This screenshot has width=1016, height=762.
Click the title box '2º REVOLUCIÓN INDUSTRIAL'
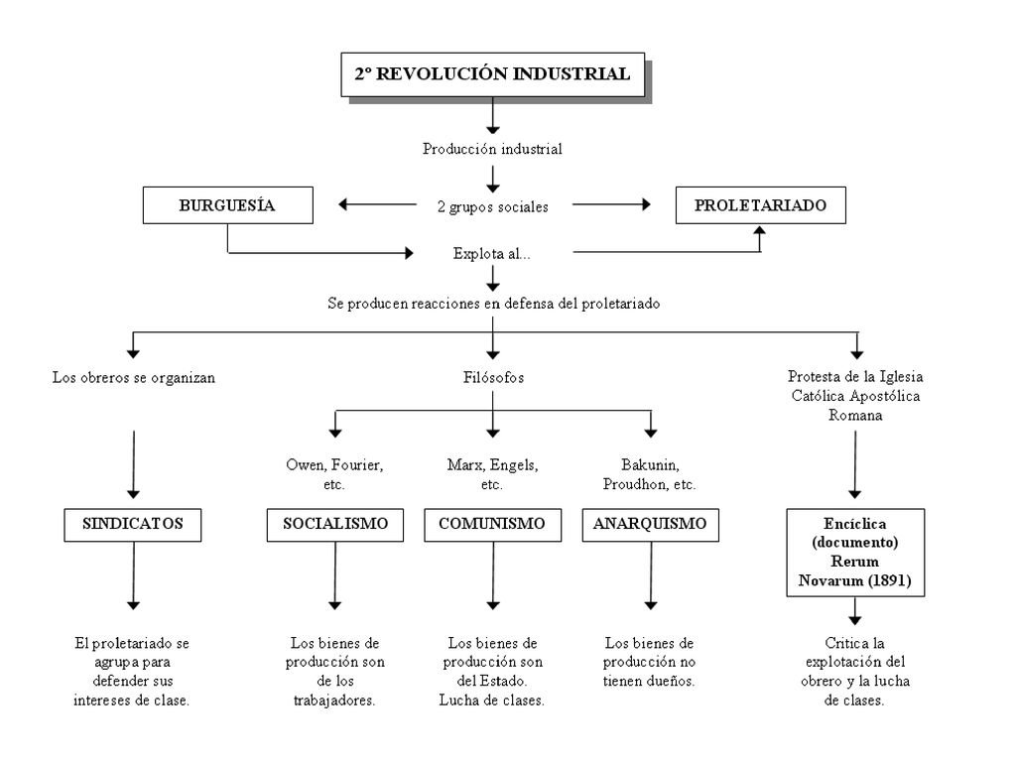tap(493, 74)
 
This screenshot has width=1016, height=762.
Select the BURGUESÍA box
tap(227, 205)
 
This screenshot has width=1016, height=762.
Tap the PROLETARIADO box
tap(760, 205)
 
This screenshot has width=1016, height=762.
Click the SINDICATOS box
tap(133, 524)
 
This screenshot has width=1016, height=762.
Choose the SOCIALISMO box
tap(335, 524)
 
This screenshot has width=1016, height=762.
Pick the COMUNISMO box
tap(492, 524)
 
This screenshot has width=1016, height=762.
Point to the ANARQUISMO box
tap(651, 524)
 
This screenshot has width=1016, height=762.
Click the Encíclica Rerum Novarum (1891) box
tap(855, 552)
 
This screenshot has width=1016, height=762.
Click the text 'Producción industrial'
tap(492, 149)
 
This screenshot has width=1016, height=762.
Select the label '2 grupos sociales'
tap(492, 206)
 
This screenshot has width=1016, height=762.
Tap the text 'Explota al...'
tap(491, 253)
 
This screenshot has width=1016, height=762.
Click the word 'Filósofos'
tap(493, 377)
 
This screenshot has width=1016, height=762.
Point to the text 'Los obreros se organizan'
tap(134, 378)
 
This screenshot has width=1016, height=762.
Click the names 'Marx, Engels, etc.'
tap(492, 474)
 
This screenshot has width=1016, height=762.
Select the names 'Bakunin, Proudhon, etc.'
tap(649, 474)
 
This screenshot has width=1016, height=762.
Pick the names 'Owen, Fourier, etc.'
tap(334, 474)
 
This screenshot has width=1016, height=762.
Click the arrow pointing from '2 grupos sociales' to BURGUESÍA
tap(377, 204)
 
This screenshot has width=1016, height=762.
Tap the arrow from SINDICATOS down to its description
tap(134, 575)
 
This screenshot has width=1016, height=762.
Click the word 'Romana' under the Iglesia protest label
tap(855, 416)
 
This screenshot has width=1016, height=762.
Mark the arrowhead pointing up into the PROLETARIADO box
tap(760, 229)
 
